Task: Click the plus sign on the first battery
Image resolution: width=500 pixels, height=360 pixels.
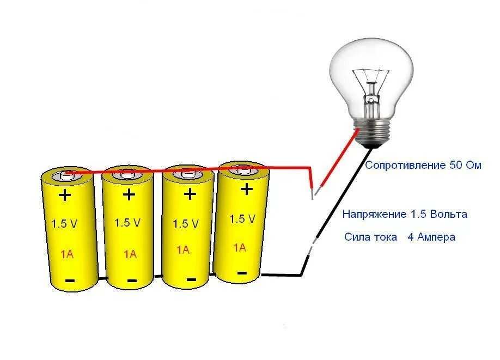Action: click(65, 195)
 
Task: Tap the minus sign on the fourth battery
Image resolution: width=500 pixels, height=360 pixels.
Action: click(242, 272)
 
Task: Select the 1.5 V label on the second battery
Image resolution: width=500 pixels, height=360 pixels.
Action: click(127, 222)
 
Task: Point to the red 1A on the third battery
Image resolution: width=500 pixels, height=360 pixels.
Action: click(183, 250)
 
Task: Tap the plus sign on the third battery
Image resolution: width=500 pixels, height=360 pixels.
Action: click(190, 193)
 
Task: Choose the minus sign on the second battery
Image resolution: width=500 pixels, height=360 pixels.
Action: click(132, 280)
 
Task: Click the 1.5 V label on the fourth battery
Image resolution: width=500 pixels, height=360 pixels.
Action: click(242, 219)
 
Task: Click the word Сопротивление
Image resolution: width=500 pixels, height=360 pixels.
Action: click(405, 165)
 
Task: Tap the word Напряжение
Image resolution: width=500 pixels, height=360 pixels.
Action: click(374, 214)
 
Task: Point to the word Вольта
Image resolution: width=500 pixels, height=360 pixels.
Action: click(448, 214)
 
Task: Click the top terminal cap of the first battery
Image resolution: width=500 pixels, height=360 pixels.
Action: click(67, 175)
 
